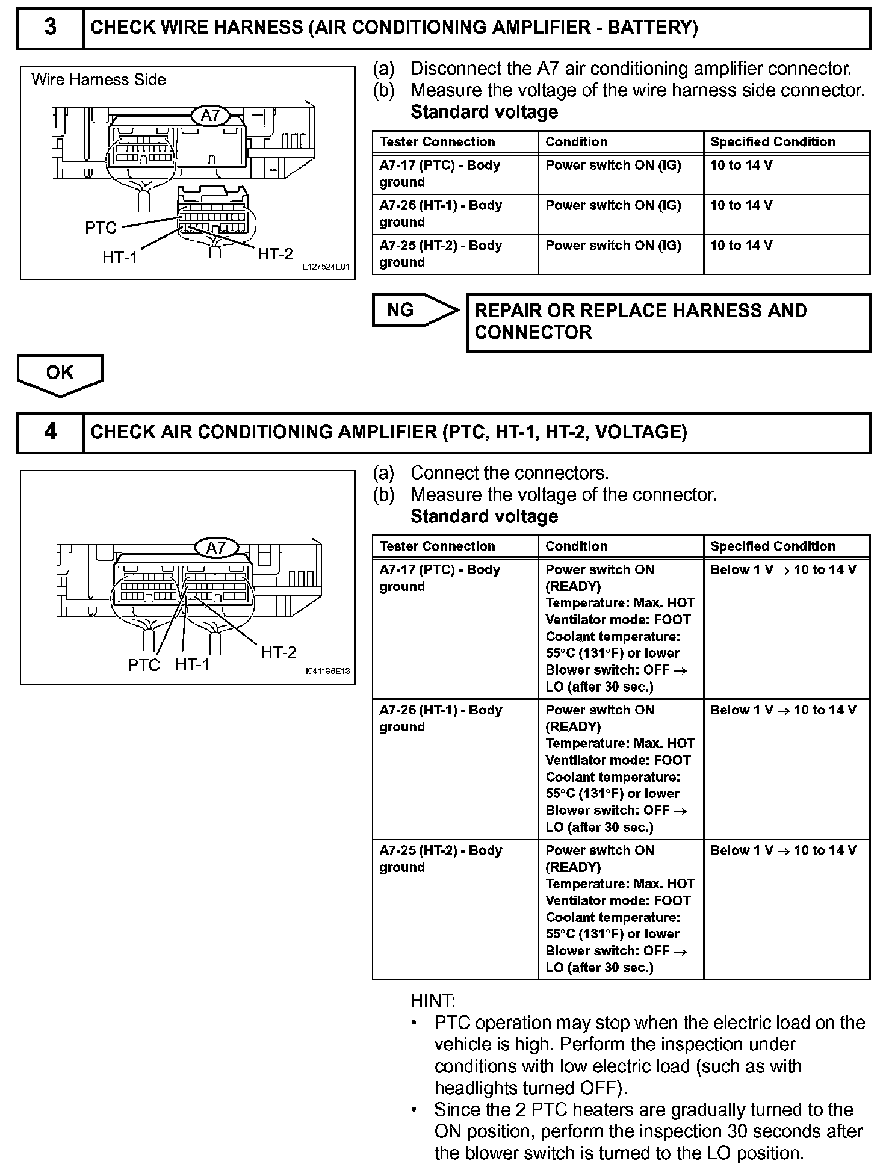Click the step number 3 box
(x=50, y=28)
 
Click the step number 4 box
(x=50, y=432)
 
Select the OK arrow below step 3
(x=60, y=373)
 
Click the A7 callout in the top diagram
(x=210, y=115)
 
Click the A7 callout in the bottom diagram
(x=215, y=548)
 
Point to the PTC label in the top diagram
(x=101, y=228)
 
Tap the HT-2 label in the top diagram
(x=275, y=254)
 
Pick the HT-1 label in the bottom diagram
(x=193, y=664)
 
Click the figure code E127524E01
(x=325, y=267)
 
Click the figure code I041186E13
(x=327, y=671)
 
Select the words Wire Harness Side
(x=99, y=79)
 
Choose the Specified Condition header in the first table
(x=773, y=142)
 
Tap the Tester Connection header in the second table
(x=437, y=546)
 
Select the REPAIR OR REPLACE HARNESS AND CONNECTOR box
(x=668, y=322)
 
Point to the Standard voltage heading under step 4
(x=484, y=516)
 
